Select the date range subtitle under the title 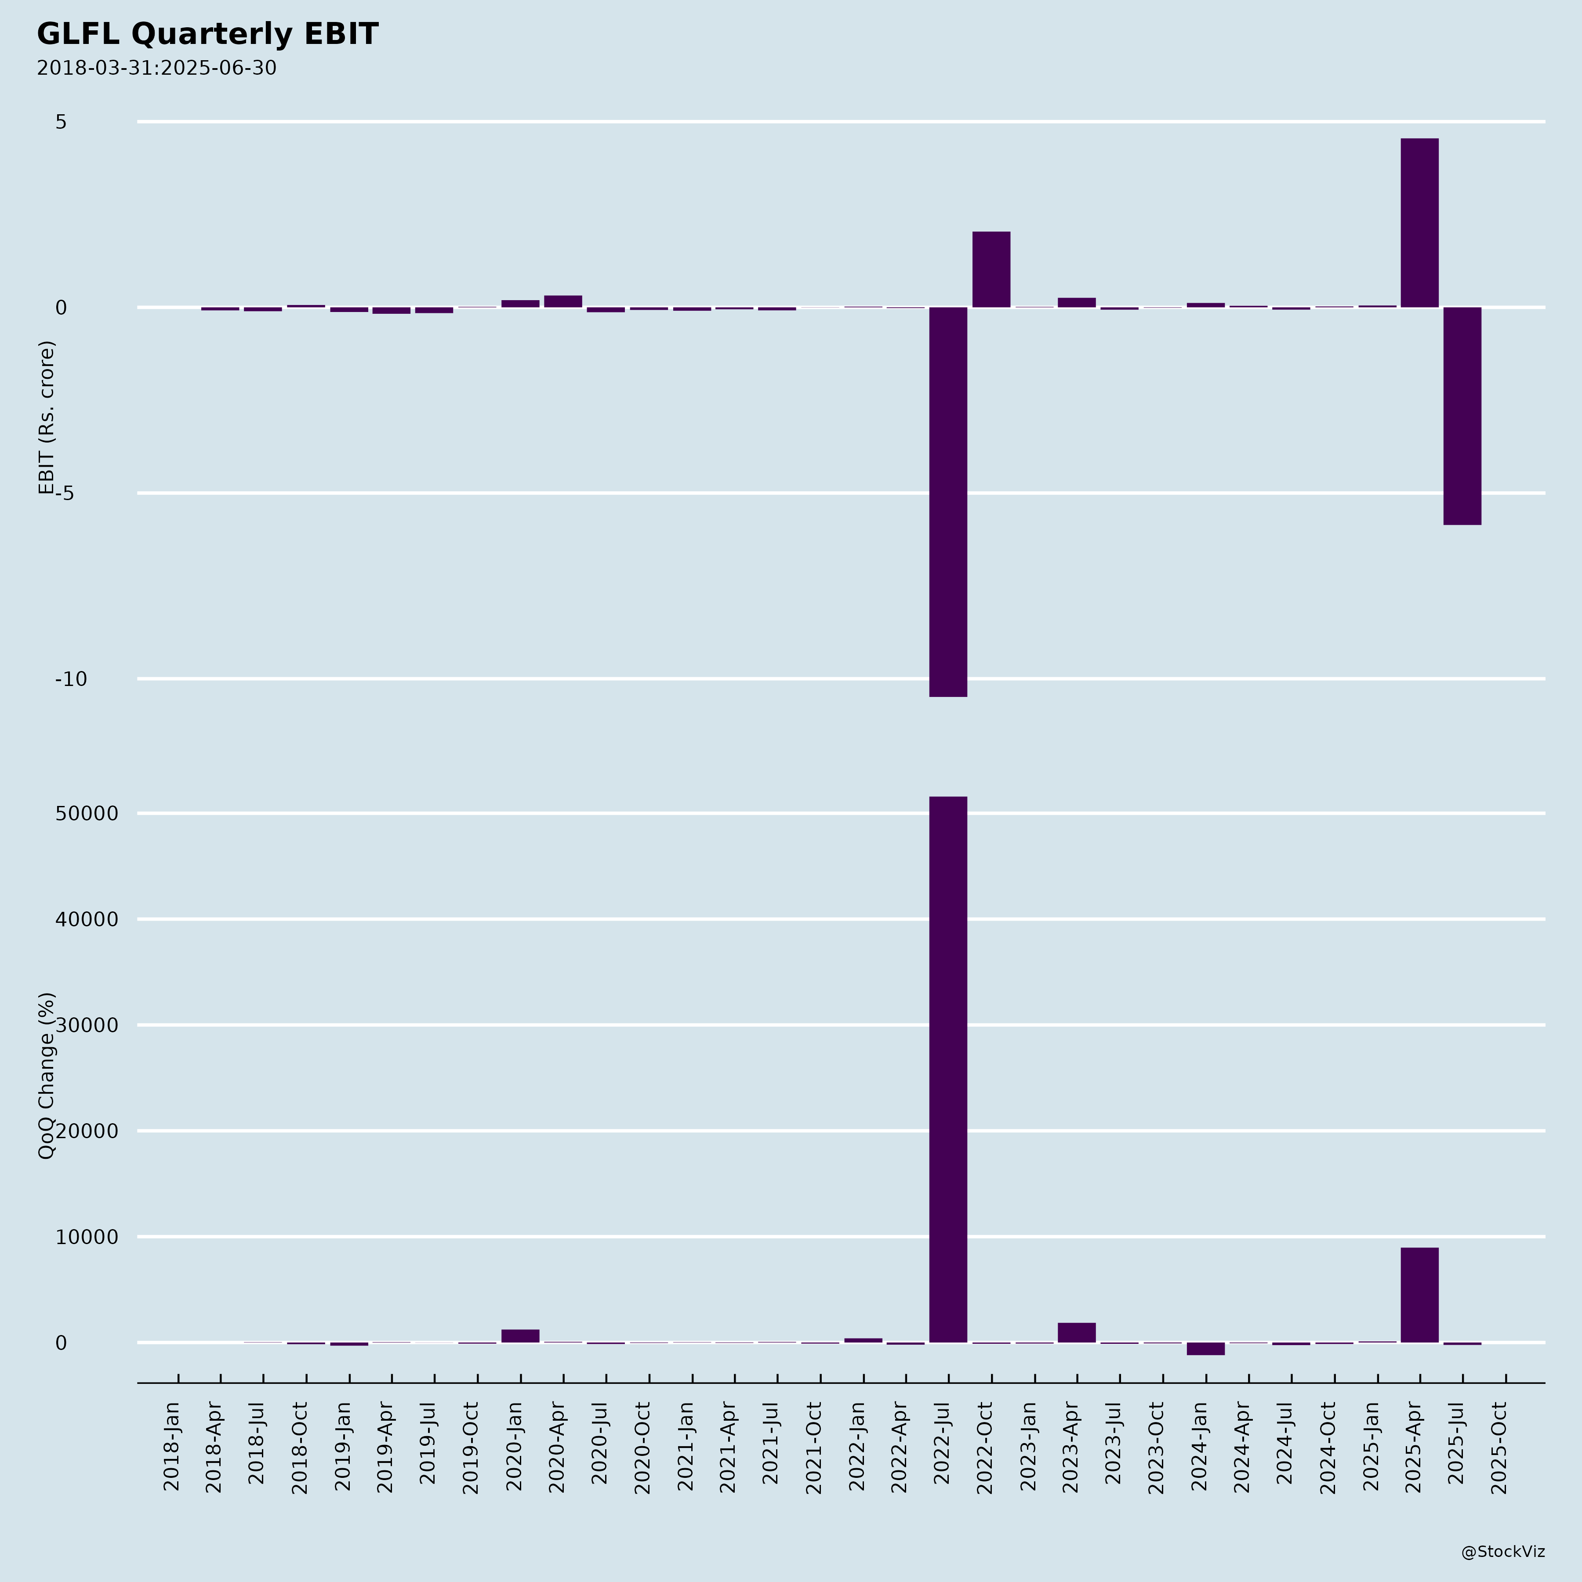[156, 68]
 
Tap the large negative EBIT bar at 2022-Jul [948, 501]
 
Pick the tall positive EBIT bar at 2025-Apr [1419, 223]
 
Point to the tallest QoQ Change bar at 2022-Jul [948, 1069]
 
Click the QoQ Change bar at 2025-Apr [1419, 1295]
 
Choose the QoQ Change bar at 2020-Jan [520, 1335]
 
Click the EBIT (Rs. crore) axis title [47, 417]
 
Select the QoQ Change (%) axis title [47, 1075]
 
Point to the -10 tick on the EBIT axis [71, 679]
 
